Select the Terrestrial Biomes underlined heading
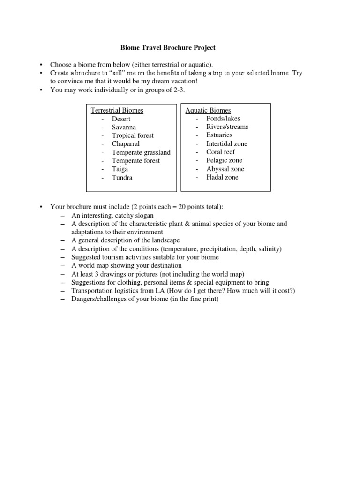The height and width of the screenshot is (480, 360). tap(117, 110)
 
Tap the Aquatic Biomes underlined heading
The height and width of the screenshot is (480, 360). tap(208, 110)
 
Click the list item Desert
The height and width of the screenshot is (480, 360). tap(121, 119)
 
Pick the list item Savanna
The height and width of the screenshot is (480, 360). tap(124, 127)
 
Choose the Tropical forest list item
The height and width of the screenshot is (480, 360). tap(133, 135)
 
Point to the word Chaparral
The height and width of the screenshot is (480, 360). tap(126, 144)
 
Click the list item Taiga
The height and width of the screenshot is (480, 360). tap(120, 169)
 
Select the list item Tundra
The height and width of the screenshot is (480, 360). tap(122, 178)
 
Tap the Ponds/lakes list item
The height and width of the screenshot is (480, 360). tap(223, 119)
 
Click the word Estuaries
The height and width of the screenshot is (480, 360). tap(219, 135)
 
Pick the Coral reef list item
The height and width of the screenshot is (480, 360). tap(220, 152)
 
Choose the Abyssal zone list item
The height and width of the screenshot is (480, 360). tap(225, 169)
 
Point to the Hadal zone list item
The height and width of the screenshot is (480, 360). tap(222, 177)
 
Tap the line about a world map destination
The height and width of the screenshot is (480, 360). tap(127, 265)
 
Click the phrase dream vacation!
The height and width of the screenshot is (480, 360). tap(173, 81)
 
